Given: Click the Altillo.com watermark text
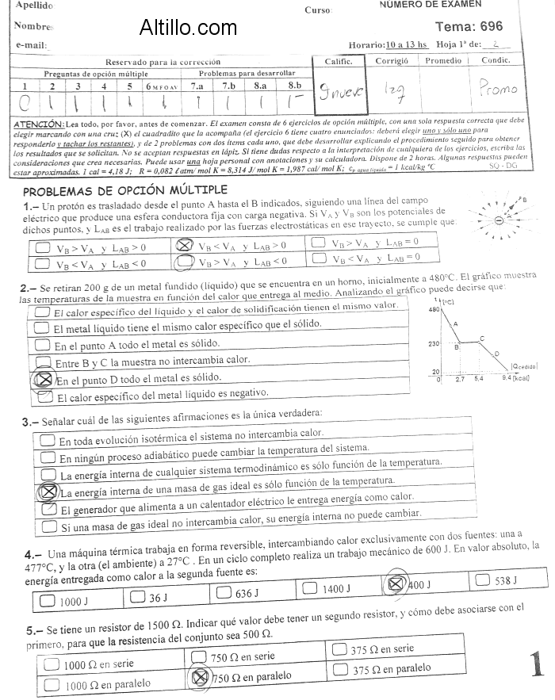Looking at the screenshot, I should coord(187,29).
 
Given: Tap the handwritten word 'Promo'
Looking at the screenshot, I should coord(498,89).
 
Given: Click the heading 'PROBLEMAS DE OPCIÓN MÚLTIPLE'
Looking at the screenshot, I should coord(125,191).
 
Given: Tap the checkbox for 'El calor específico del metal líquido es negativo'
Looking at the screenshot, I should coord(42,397).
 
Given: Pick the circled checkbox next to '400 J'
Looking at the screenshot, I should coord(394,584).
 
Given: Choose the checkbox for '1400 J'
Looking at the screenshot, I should coord(311,588).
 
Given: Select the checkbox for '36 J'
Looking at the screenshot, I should coord(137,595).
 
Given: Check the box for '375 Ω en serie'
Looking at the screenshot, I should coord(342,649).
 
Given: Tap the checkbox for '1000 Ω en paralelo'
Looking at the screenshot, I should coord(53,683).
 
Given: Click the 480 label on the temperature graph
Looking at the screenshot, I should coord(434,310).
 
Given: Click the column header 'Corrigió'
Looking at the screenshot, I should coord(391,60).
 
